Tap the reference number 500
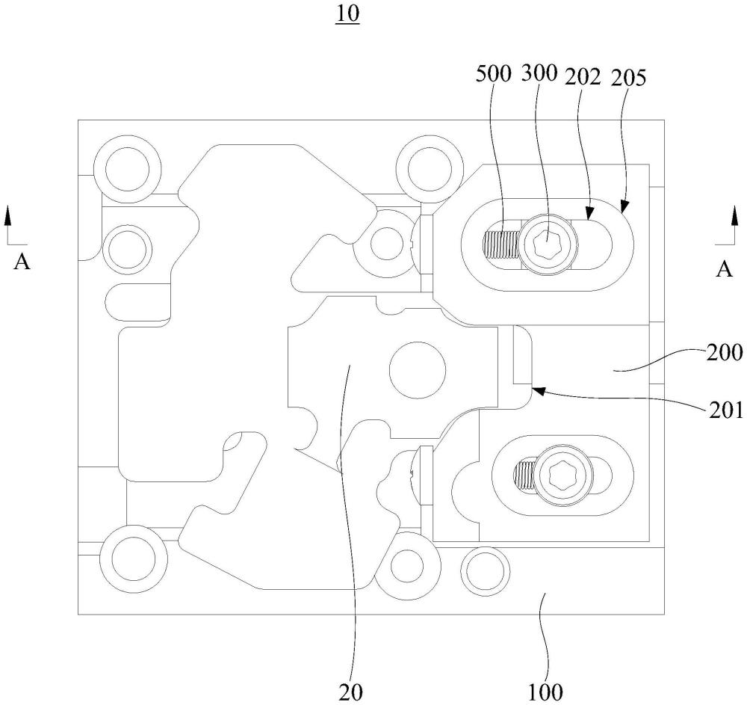(x=493, y=74)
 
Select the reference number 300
(x=539, y=73)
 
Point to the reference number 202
(x=583, y=77)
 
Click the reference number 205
(x=628, y=78)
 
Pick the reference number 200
(x=724, y=353)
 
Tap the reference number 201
(x=725, y=410)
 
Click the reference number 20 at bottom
(x=350, y=692)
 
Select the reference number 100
(x=545, y=692)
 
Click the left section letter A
(x=22, y=262)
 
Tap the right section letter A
(x=724, y=269)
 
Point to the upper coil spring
(x=501, y=244)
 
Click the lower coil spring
(x=526, y=475)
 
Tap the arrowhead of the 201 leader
(x=538, y=391)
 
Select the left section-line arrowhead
(x=7, y=215)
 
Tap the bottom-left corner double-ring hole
(x=134, y=558)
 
